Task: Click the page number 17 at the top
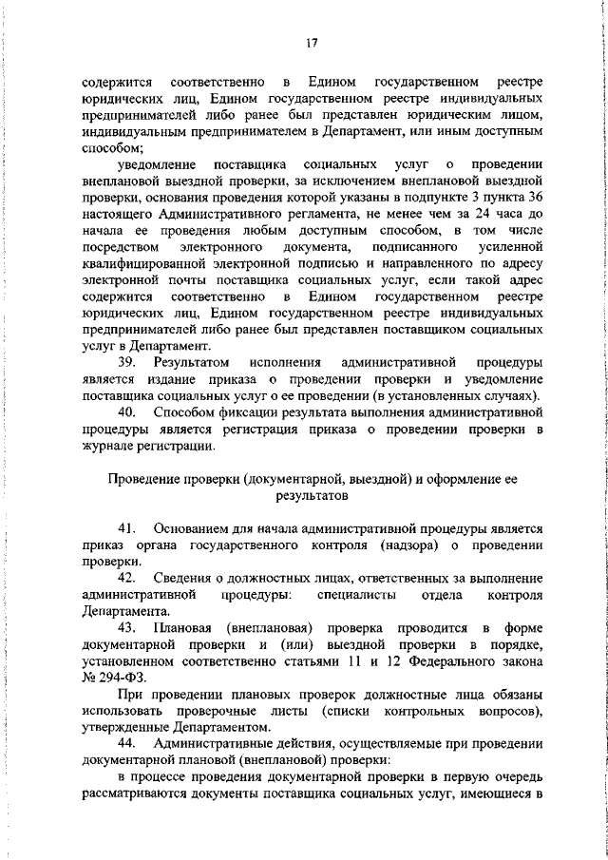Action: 312,43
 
